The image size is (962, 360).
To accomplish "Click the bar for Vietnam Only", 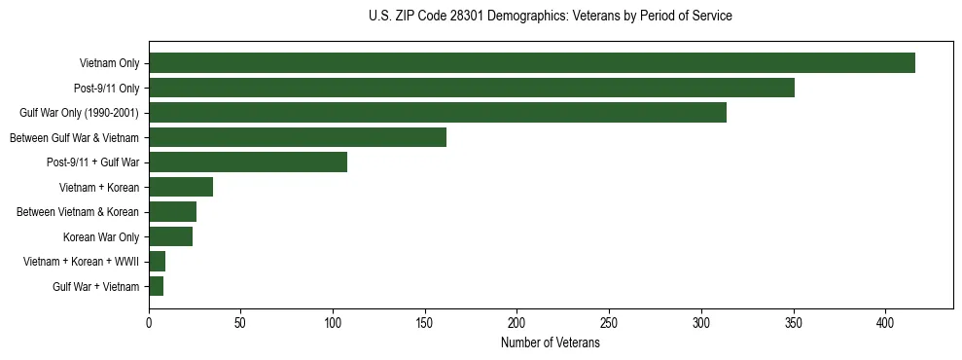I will coord(532,63).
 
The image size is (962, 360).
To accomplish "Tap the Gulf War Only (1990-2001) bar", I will coord(438,113).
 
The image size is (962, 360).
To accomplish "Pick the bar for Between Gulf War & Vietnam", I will coord(298,137).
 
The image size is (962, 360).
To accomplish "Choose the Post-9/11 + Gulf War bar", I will coord(248,162).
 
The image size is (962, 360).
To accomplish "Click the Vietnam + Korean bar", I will coord(181,187).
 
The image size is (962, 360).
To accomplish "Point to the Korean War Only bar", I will coord(170,236).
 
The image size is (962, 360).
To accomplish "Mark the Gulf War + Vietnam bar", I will coord(156,286).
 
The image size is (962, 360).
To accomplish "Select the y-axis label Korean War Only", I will coord(101,236).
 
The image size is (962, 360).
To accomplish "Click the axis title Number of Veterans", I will coord(550,343).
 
